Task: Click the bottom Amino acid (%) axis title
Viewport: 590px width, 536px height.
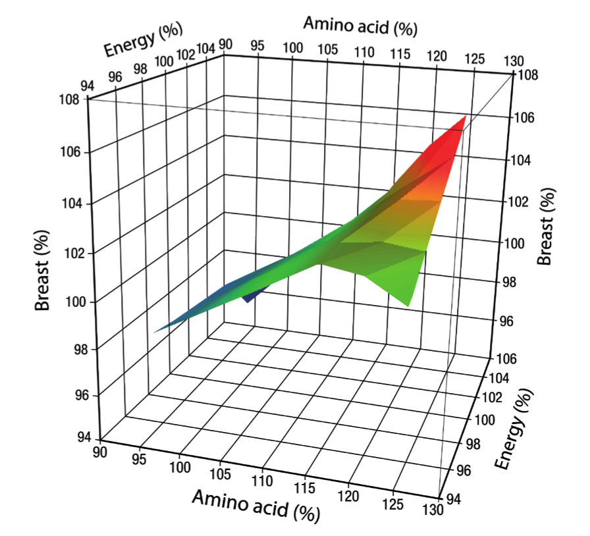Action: (x=256, y=506)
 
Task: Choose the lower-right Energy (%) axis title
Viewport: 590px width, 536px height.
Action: (x=516, y=430)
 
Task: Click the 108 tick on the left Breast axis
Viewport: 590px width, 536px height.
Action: (x=72, y=100)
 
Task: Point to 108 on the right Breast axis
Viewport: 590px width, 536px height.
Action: (x=528, y=75)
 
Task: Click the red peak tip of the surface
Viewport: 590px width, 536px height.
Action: (x=466, y=116)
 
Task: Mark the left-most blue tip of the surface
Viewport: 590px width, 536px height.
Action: (x=155, y=331)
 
